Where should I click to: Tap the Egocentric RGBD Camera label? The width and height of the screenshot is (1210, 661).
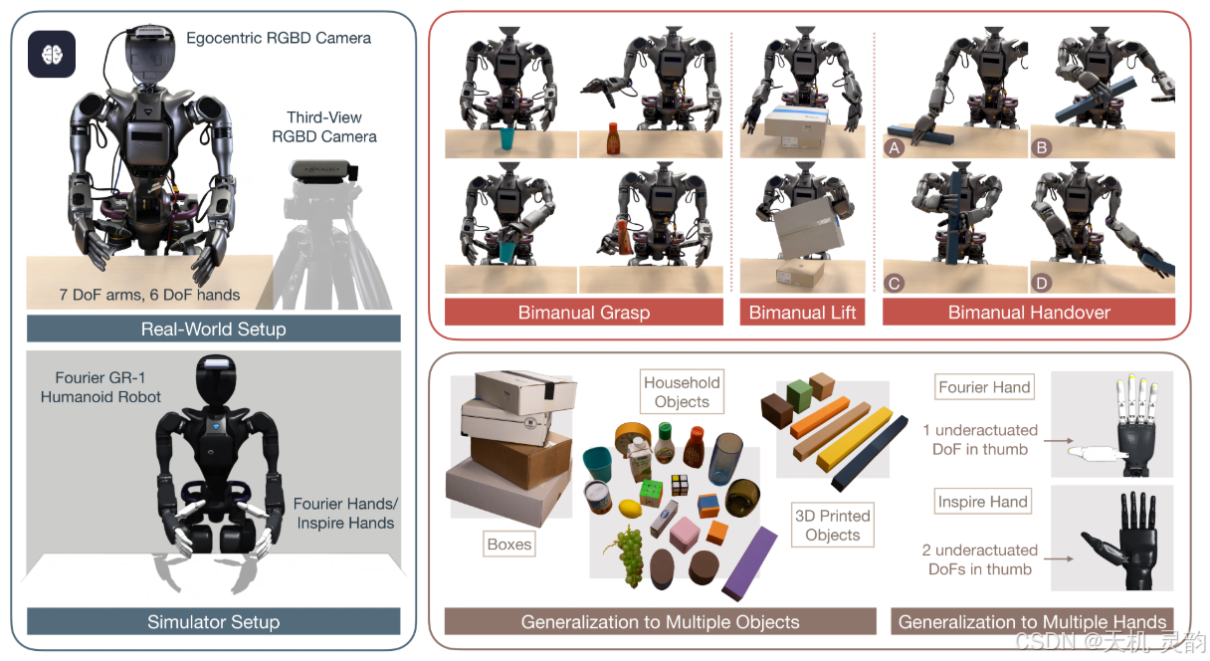click(279, 38)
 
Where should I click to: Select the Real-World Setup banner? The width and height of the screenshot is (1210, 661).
click(214, 329)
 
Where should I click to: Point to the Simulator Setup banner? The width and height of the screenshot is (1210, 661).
click(214, 622)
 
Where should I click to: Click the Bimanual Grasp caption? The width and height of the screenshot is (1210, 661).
click(584, 313)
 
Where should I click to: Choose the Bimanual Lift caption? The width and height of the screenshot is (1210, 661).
click(802, 313)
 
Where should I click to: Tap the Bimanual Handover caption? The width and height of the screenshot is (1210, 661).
click(1029, 313)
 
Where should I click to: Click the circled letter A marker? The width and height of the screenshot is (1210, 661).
click(894, 147)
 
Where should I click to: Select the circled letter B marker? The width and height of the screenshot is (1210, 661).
click(1043, 147)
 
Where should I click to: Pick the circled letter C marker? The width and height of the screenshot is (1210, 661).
click(894, 284)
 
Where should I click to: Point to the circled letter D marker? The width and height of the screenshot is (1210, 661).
click(1043, 284)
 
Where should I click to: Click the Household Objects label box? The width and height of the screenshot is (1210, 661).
click(682, 392)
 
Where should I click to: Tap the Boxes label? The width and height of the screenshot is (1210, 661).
click(509, 545)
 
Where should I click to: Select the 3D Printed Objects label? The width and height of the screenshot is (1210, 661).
click(832, 525)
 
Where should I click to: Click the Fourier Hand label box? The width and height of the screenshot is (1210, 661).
click(984, 387)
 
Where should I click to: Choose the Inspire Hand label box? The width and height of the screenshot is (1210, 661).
click(982, 502)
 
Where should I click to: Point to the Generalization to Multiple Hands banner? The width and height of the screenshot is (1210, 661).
click(1033, 622)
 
